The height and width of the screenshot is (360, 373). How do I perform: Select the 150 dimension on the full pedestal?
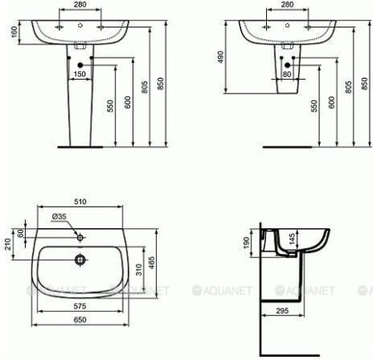point(80,74)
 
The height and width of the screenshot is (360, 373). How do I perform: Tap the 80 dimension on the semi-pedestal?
point(286,74)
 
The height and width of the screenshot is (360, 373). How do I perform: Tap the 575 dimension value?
point(82,306)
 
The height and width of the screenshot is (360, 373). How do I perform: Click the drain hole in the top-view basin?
point(81,260)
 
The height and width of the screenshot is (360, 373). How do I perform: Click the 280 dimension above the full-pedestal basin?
point(80,4)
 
